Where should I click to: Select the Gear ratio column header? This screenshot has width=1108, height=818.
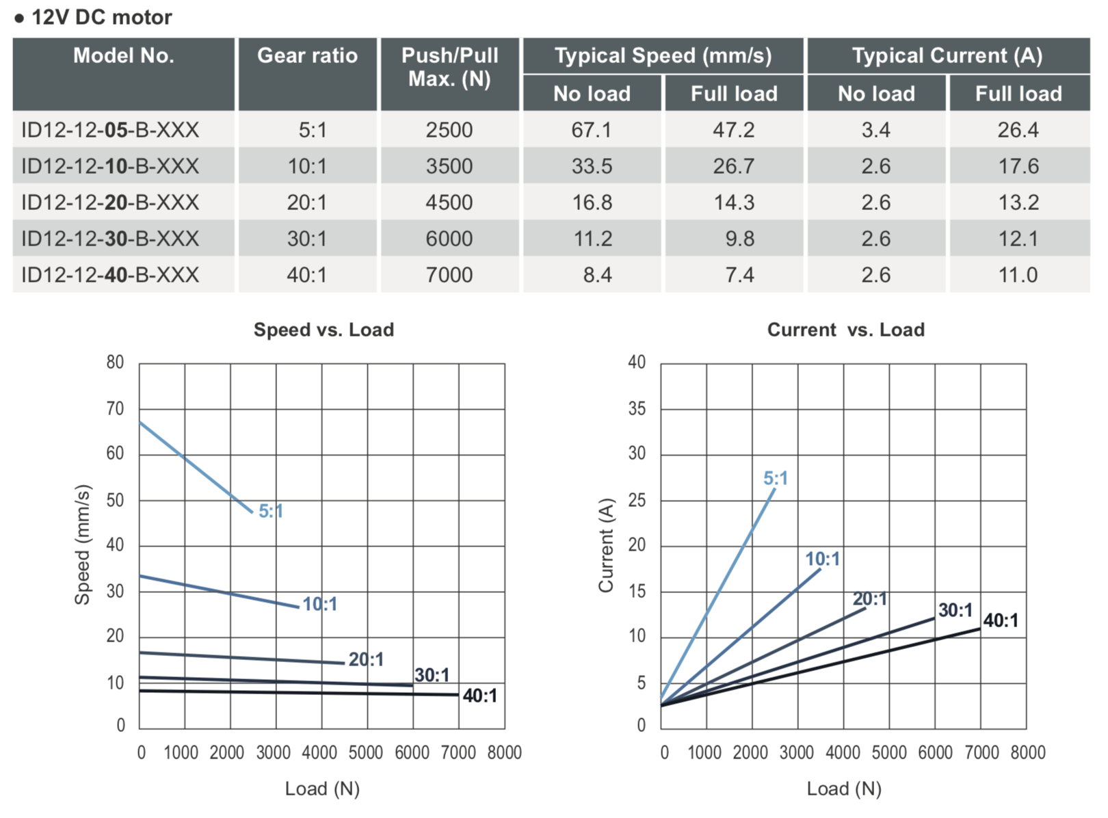point(307,56)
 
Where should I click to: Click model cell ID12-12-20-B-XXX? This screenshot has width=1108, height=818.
point(110,202)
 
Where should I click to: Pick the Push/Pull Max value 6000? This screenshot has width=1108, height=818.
point(449,239)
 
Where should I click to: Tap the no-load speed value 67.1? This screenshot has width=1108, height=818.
point(592,130)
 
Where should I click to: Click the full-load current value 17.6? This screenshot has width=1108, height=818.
point(1018,166)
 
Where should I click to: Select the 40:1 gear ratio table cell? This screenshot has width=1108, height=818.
point(307,275)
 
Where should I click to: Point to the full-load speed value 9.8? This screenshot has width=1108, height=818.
point(739,239)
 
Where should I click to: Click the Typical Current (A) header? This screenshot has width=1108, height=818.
point(947,56)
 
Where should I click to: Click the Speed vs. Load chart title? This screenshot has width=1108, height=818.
point(324,330)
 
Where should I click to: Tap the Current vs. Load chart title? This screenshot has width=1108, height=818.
point(845,330)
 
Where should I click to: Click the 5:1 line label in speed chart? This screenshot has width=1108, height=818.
point(271,511)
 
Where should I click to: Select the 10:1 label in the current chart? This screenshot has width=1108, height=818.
point(822,559)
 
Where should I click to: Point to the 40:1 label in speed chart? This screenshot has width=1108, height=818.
point(479,696)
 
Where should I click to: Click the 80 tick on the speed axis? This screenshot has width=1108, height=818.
point(115,362)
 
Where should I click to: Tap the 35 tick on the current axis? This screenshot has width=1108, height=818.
point(637,408)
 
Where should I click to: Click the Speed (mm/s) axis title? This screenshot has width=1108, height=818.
point(82,544)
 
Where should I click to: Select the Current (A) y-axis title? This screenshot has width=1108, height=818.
point(606,544)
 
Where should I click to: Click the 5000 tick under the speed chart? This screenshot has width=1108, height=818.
point(366,752)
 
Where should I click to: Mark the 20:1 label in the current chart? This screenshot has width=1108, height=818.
point(869,599)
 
